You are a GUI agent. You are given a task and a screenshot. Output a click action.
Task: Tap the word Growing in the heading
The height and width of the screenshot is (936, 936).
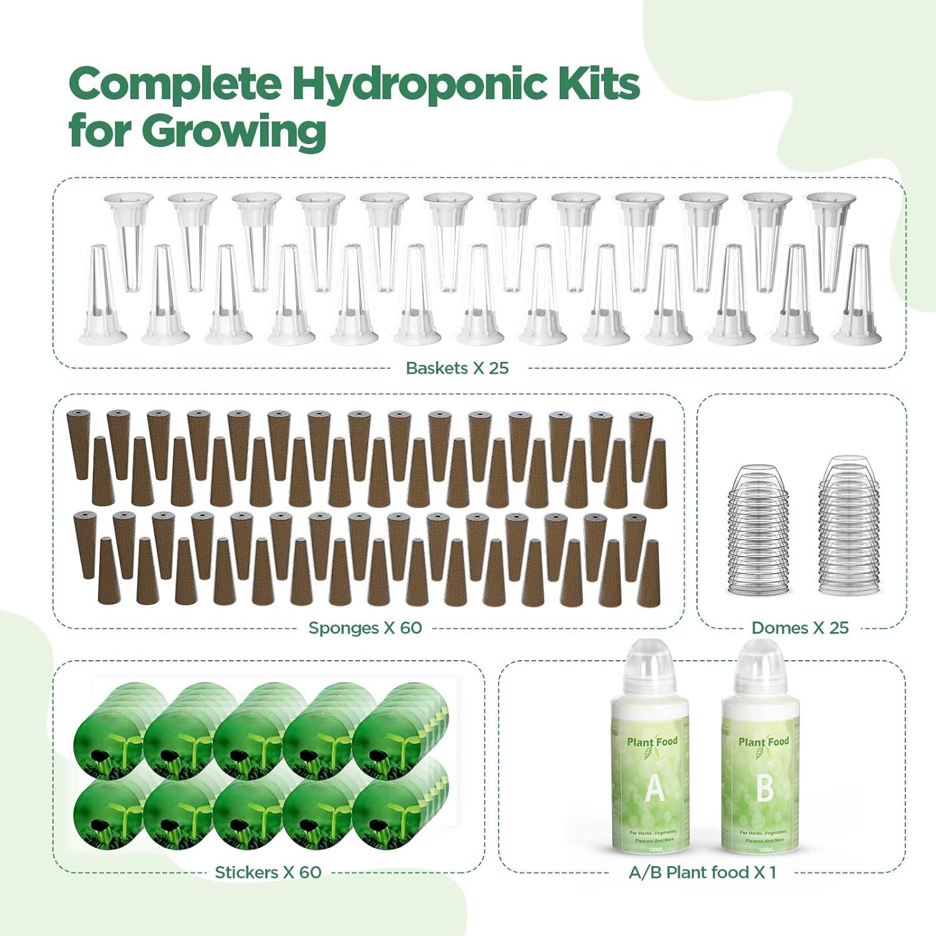(233, 131)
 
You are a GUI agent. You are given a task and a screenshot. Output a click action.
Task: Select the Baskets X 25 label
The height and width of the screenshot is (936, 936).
(457, 368)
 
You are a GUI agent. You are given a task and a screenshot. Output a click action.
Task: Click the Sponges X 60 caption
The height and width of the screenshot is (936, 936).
(365, 628)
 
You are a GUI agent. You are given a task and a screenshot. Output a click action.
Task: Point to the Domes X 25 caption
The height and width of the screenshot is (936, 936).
(800, 628)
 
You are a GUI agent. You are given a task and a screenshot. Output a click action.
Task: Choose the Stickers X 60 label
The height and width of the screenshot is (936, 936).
(268, 872)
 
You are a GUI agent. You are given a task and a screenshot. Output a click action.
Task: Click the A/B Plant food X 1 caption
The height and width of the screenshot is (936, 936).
(702, 872)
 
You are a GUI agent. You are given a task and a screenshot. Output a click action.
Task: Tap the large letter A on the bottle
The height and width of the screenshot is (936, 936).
(654, 788)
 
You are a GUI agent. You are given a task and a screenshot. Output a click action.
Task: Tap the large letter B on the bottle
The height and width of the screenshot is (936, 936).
(764, 788)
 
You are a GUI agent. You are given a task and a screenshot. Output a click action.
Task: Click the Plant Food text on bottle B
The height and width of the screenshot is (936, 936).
(763, 742)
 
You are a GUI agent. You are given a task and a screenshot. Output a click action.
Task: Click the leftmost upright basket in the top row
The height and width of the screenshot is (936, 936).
(129, 237)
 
